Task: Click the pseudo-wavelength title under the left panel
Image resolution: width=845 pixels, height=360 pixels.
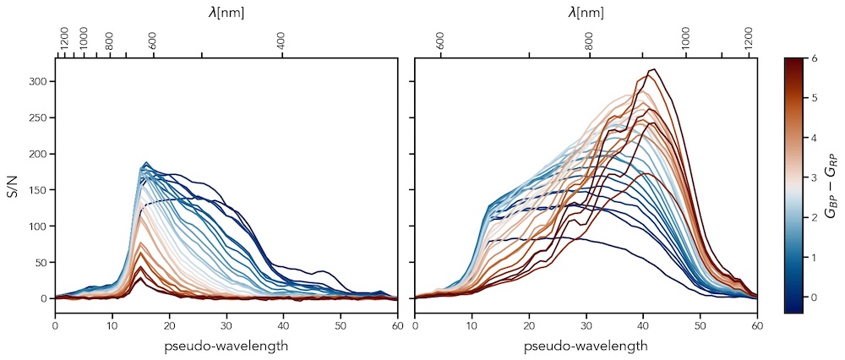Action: (226, 346)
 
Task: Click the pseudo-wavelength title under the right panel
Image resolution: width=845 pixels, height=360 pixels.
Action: (586, 346)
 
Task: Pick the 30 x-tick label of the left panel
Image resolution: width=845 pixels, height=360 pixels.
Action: (226, 325)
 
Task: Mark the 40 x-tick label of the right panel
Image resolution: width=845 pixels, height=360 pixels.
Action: (643, 325)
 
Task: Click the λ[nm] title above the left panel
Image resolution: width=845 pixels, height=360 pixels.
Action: (226, 13)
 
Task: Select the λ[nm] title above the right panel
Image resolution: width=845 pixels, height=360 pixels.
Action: (586, 13)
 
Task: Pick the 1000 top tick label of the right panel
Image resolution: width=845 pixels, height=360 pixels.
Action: (685, 38)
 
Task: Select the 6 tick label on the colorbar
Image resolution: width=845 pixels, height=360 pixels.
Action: (813, 58)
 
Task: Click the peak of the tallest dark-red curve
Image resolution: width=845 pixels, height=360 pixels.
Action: (651, 70)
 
